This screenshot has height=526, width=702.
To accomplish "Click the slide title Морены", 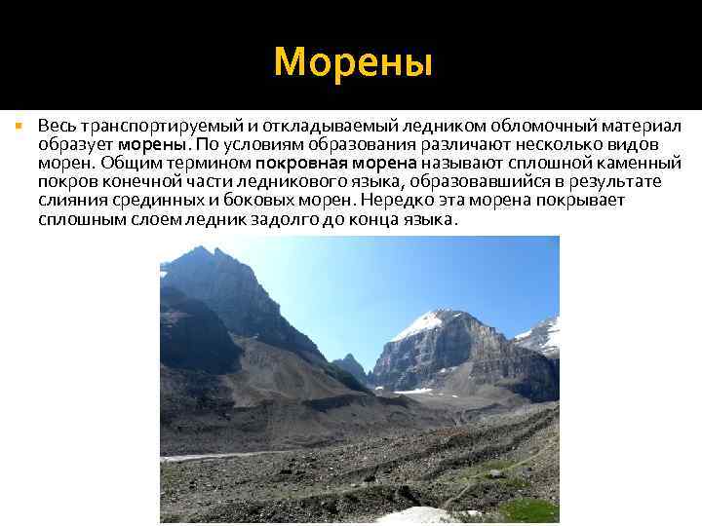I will tap(352, 61).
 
